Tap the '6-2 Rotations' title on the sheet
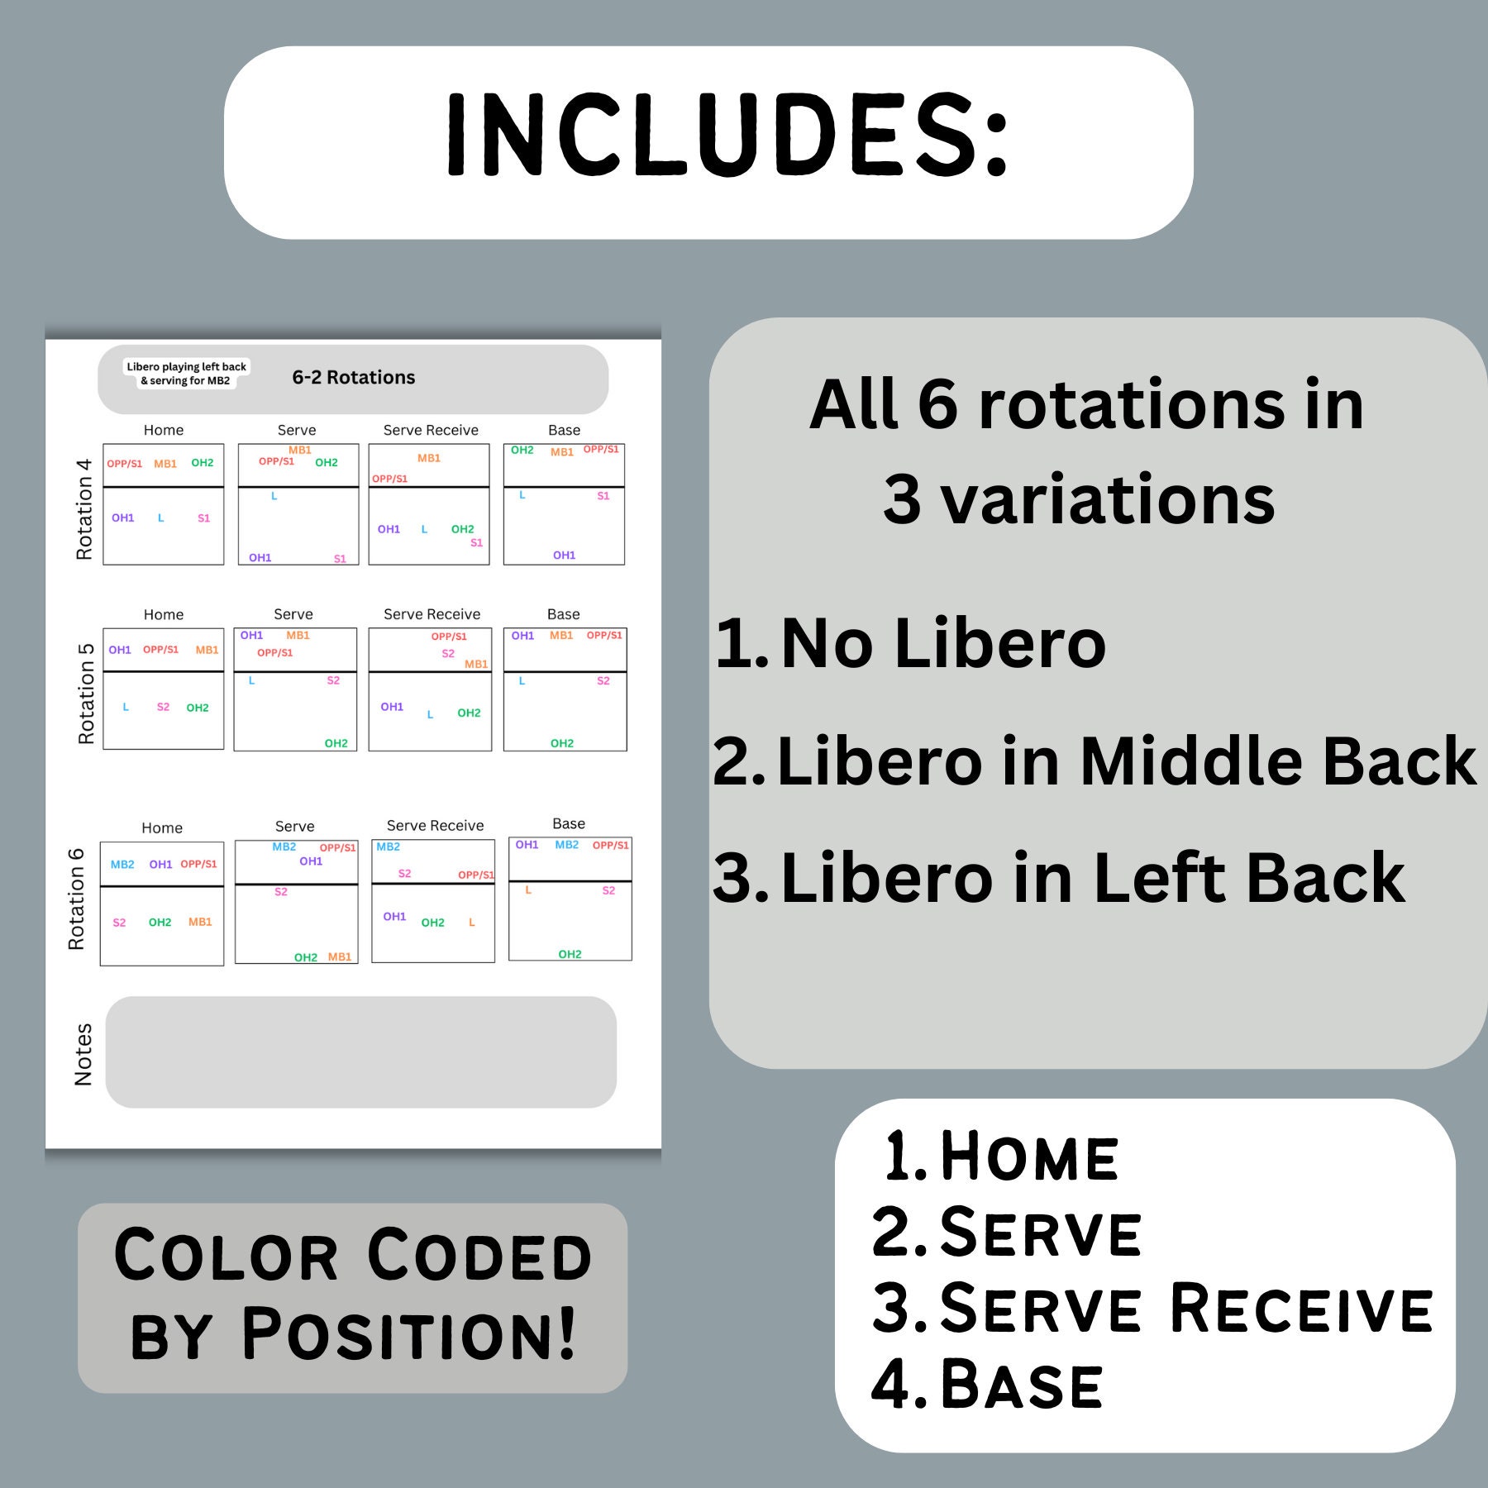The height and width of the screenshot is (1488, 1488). (353, 378)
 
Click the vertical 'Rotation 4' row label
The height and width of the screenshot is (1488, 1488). (84, 509)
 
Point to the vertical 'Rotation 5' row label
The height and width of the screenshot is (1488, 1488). (86, 693)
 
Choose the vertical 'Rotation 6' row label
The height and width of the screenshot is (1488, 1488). (77, 899)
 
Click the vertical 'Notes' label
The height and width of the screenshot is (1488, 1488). (83, 1054)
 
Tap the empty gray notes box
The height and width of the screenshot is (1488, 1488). (360, 1052)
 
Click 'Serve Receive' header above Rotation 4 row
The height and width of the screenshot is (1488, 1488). (431, 430)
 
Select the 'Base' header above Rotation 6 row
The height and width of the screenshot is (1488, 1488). (568, 823)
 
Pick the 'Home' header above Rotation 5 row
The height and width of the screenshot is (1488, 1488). (164, 614)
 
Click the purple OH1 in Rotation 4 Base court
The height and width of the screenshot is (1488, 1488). (564, 556)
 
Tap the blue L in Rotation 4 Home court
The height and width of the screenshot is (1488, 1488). (160, 518)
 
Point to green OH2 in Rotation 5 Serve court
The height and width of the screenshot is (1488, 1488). (336, 743)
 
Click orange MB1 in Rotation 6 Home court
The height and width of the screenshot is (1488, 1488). (200, 922)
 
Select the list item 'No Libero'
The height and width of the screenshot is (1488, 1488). (942, 643)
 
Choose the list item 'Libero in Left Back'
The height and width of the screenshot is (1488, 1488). (1091, 878)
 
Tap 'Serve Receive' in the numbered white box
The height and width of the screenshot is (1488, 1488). (1186, 1308)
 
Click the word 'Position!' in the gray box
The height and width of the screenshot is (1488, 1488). (408, 1333)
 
